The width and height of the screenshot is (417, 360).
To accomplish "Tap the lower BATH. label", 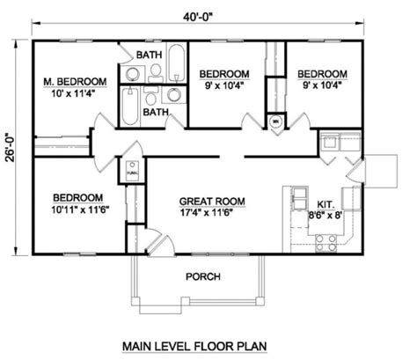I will click(x=157, y=113).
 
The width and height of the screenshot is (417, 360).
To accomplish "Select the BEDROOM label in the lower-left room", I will click(x=77, y=197).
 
